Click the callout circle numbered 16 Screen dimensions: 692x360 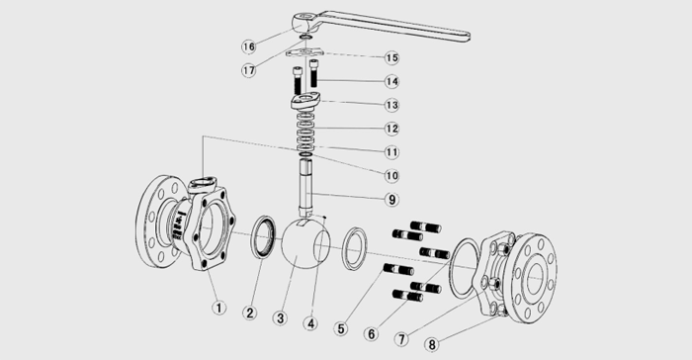pyautogui.click(x=249, y=46)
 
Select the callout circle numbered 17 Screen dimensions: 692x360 pyautogui.click(x=249, y=70)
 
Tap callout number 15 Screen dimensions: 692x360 pyautogui.click(x=391, y=58)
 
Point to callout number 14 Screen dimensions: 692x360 pyautogui.click(x=391, y=82)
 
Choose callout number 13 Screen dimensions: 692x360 pyautogui.click(x=391, y=105)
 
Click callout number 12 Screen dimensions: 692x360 pyautogui.click(x=391, y=129)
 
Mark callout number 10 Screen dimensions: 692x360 pyautogui.click(x=391, y=176)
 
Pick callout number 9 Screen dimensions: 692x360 pyautogui.click(x=391, y=200)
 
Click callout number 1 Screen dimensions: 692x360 pyautogui.click(x=218, y=307)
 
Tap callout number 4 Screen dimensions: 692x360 pyautogui.click(x=310, y=323)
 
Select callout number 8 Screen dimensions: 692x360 pyautogui.click(x=432, y=344)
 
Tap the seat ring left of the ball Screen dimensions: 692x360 pyautogui.click(x=264, y=236)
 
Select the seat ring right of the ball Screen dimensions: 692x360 pyautogui.click(x=354, y=248)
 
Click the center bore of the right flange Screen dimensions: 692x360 pyautogui.click(x=534, y=278)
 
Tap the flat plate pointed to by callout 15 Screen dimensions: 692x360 pyautogui.click(x=304, y=53)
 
